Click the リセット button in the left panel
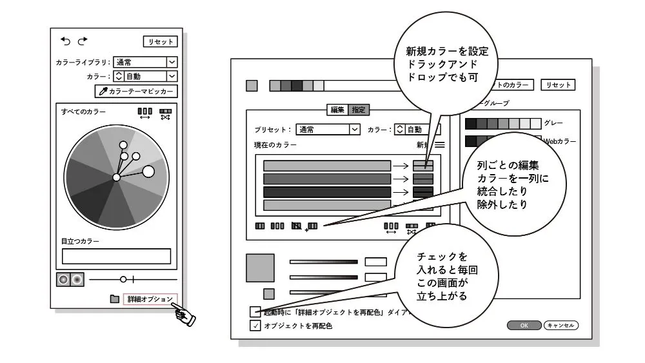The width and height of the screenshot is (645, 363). click(160, 42)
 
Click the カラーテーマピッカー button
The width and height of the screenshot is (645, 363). click(136, 92)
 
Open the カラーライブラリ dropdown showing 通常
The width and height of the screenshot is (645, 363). click(145, 63)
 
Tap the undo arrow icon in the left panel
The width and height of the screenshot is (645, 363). click(66, 41)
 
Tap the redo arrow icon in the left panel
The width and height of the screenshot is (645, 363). click(82, 41)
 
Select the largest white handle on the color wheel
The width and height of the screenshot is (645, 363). click(148, 171)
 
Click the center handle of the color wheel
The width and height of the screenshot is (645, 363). click(116, 177)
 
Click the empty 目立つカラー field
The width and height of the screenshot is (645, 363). click(116, 256)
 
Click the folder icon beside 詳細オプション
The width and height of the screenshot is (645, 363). click(114, 299)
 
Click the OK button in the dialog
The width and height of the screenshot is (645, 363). click(524, 326)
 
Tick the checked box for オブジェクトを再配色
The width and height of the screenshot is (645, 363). click(255, 326)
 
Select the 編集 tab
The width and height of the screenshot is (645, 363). click(337, 110)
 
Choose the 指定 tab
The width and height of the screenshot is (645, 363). click(358, 110)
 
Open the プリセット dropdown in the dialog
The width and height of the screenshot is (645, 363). click(328, 130)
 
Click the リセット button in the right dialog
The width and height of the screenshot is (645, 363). click(557, 84)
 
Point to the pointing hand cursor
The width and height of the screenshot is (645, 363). click(184, 316)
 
